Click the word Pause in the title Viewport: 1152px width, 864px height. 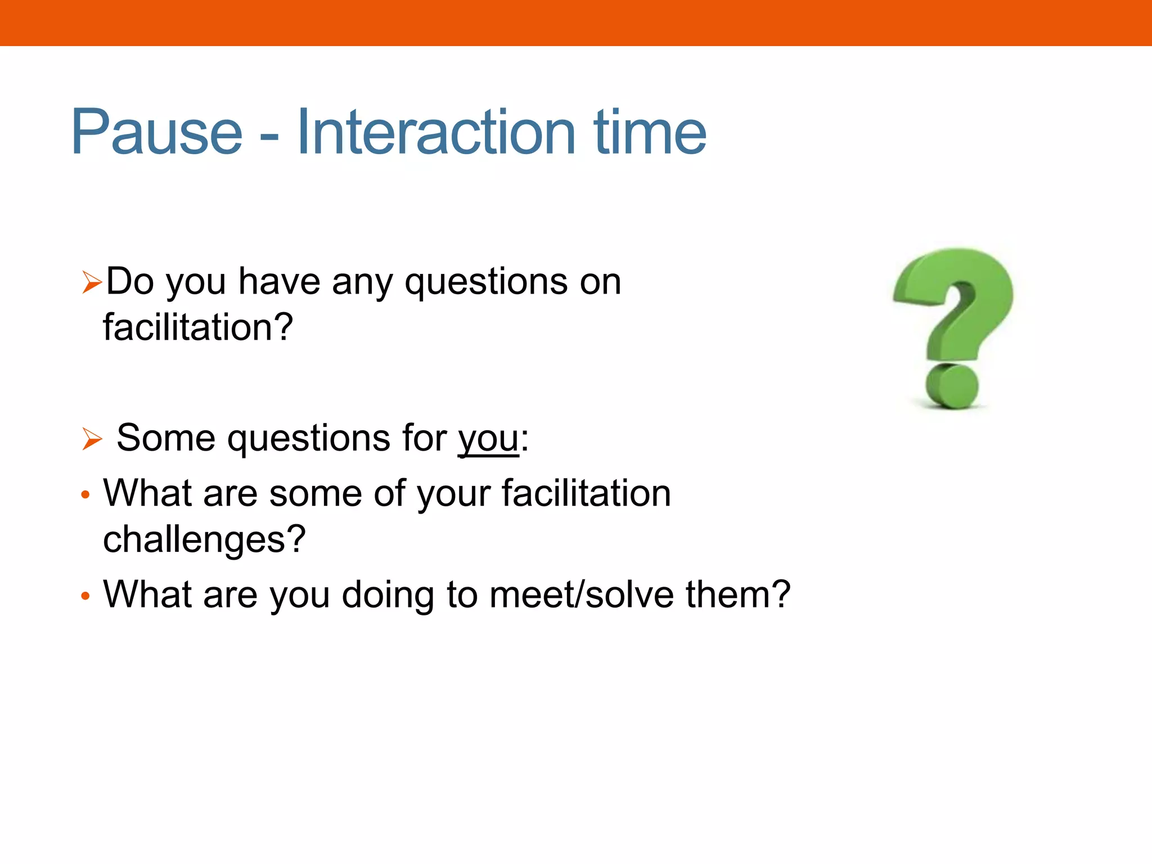(156, 132)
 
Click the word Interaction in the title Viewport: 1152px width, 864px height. (436, 132)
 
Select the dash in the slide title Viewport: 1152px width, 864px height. (269, 137)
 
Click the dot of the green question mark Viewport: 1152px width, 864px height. (952, 386)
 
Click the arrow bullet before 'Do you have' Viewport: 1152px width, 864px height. (91, 282)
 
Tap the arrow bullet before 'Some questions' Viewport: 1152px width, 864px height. (91, 439)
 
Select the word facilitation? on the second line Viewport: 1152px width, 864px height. (198, 328)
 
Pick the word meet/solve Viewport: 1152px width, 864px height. (581, 595)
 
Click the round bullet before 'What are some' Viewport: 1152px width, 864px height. (85, 495)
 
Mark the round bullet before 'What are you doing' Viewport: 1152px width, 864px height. (85, 596)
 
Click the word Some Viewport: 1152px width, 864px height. (166, 438)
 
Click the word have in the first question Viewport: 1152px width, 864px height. (280, 281)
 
